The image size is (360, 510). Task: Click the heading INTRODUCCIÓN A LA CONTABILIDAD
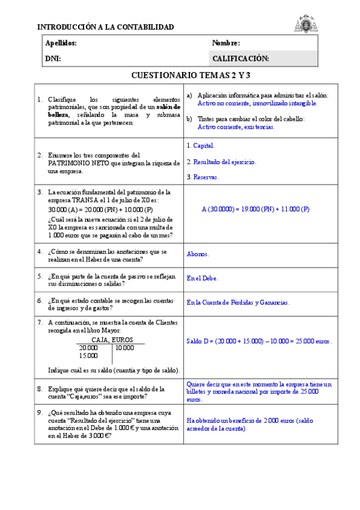[105, 27]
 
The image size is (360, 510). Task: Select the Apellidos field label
[61, 43]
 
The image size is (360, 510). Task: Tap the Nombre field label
[226, 43]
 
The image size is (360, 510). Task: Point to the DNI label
[53, 59]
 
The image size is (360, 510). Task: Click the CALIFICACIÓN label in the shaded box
[240, 59]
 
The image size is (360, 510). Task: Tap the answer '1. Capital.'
[200, 146]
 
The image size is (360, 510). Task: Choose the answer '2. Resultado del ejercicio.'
[221, 162]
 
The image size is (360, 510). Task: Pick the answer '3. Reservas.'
[203, 177]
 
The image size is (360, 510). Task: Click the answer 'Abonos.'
[198, 254]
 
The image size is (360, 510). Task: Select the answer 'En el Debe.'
[203, 278]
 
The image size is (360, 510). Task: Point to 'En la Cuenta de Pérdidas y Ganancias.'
[238, 303]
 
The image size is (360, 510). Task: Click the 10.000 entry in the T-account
[124, 348]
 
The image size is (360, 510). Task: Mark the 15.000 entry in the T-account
[88, 355]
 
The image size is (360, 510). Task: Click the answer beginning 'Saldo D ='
[259, 341]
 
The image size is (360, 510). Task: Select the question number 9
[39, 413]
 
